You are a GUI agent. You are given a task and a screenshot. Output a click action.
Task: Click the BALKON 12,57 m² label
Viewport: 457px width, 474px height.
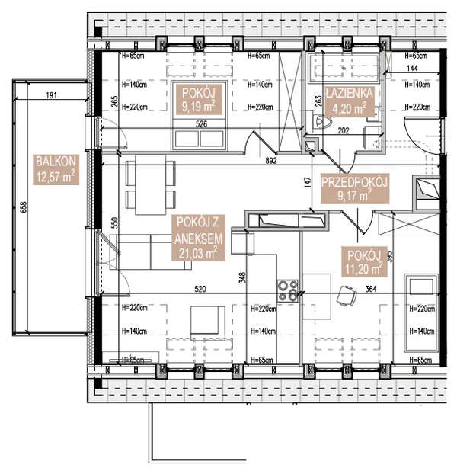coord(55,169)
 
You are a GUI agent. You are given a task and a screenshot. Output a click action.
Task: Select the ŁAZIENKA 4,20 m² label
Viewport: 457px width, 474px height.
coord(348,100)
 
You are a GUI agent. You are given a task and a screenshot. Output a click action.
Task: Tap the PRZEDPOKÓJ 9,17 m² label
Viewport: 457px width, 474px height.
coord(355,189)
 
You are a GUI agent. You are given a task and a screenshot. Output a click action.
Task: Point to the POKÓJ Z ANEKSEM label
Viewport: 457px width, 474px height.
coord(197,238)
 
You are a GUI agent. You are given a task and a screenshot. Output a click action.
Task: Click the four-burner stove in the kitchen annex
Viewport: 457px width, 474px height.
coord(287,290)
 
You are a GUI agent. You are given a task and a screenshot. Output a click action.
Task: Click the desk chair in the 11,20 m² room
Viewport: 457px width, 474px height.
coord(347,294)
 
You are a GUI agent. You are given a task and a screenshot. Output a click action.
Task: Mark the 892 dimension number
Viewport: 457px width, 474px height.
coord(266,161)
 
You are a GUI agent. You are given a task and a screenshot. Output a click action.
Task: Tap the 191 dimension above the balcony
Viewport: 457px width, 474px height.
coord(51,96)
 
